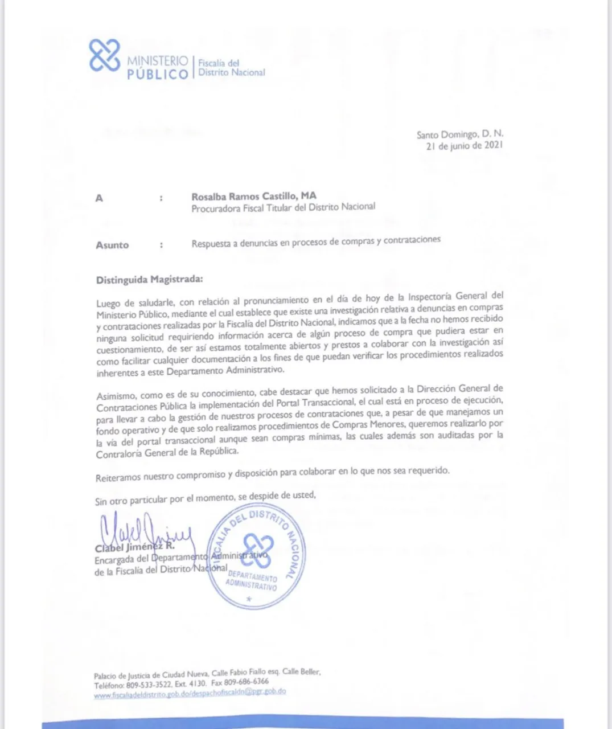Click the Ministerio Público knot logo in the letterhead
click(x=104, y=56)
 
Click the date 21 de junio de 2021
click(x=464, y=146)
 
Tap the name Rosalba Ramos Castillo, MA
click(x=254, y=196)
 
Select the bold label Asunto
click(x=112, y=245)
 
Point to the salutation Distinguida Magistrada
click(x=149, y=280)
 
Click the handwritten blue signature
click(x=145, y=530)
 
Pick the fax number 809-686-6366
click(x=246, y=681)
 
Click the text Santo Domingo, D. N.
click(x=460, y=134)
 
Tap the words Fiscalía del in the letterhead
click(x=219, y=63)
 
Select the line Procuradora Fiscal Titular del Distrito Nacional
click(x=283, y=208)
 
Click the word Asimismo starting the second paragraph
click(x=116, y=396)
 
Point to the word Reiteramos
click(x=118, y=478)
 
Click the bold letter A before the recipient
click(x=99, y=198)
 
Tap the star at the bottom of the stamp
click(x=248, y=599)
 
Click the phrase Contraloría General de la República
click(x=167, y=453)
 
